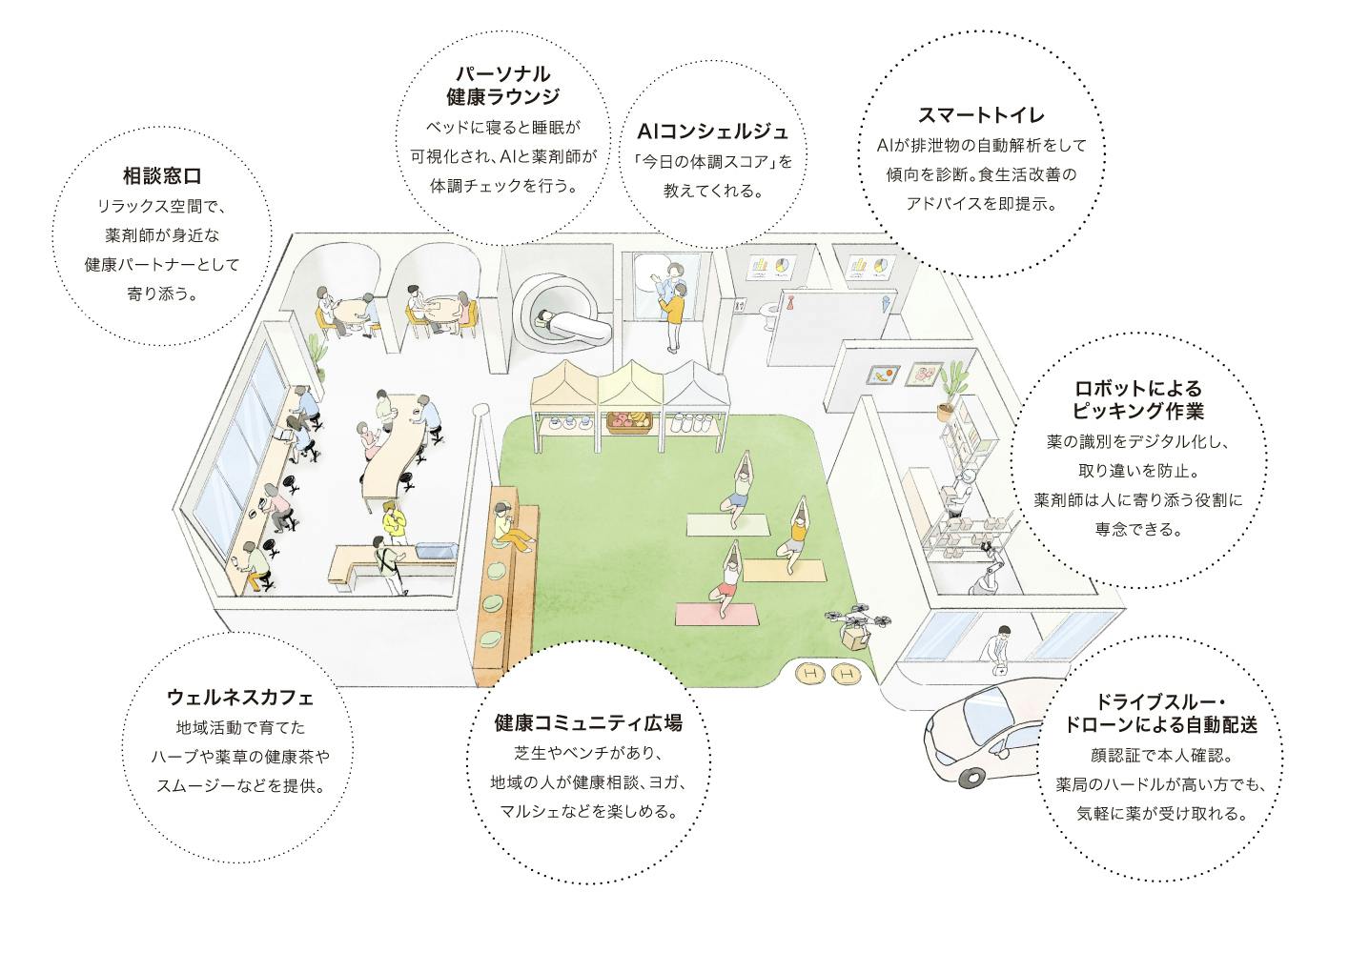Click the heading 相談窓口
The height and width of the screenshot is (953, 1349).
[161, 176]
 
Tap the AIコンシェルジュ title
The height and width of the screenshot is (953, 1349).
[712, 131]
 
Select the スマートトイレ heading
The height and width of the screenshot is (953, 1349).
[981, 115]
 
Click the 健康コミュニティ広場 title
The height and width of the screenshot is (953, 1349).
[587, 723]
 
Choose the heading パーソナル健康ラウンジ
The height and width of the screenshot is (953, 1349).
[501, 85]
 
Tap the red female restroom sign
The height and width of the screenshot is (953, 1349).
[790, 302]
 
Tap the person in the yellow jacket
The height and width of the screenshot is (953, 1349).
[394, 522]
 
